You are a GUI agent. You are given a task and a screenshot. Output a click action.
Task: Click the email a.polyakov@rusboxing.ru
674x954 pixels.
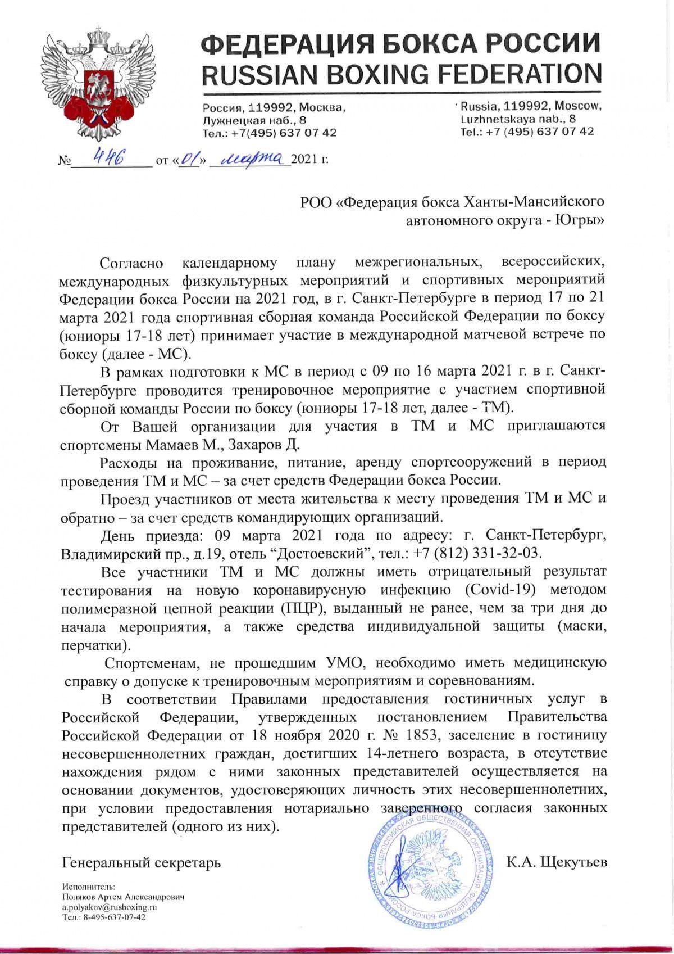point(109,907)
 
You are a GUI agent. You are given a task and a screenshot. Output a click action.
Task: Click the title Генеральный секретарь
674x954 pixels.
point(142,862)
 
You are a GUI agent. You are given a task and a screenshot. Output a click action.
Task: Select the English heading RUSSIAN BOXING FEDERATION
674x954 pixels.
point(401,74)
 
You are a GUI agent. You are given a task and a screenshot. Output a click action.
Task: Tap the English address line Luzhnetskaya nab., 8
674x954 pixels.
point(518,119)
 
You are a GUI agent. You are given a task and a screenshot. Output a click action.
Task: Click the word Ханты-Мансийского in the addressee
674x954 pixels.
point(532,202)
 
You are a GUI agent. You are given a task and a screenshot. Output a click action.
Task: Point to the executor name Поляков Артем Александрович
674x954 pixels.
point(123,897)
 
